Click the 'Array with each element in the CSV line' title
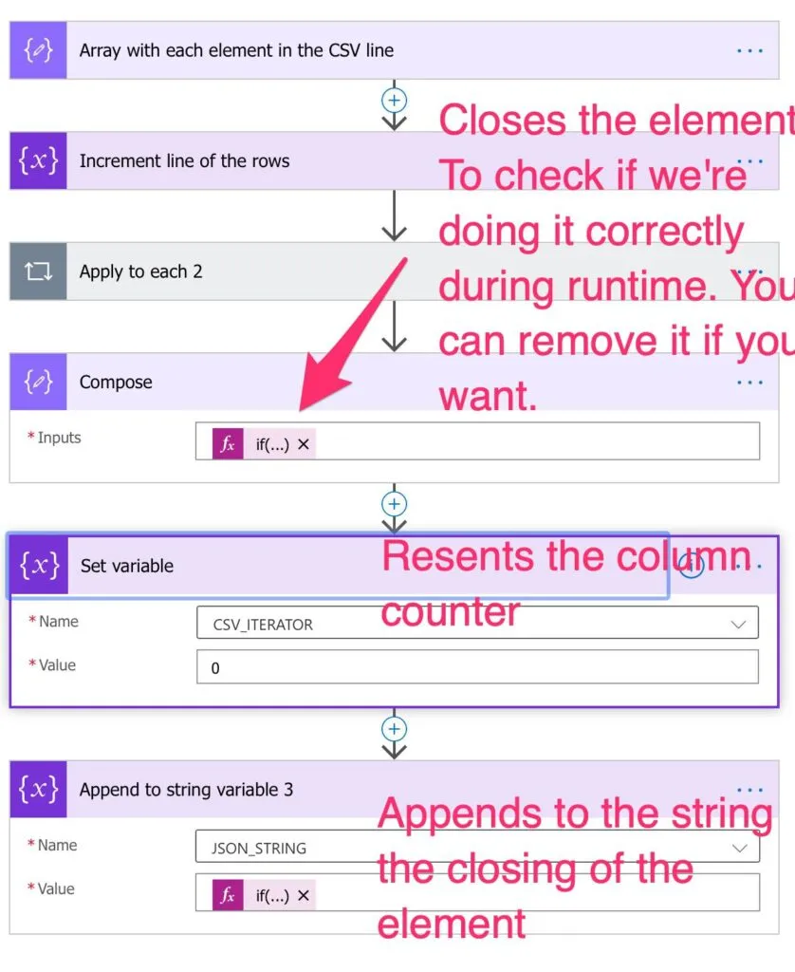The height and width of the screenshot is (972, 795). [x=236, y=50]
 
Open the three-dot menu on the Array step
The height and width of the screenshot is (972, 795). [x=749, y=51]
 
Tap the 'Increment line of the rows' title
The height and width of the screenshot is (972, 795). [x=184, y=161]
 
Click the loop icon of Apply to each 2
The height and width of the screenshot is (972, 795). [x=38, y=271]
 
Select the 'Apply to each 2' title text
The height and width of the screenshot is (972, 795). [x=140, y=271]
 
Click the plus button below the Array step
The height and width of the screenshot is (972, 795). [x=394, y=100]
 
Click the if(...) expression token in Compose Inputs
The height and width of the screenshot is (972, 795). [x=264, y=444]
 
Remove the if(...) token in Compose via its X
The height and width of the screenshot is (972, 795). [x=303, y=444]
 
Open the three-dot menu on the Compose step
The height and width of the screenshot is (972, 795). [x=749, y=382]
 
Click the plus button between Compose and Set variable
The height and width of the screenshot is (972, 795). [x=394, y=504]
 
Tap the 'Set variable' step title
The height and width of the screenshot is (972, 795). [x=127, y=566]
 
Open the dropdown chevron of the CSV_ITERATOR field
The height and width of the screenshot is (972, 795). [x=738, y=625]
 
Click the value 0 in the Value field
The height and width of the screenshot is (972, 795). [x=215, y=668]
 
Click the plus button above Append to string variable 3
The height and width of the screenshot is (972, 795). [x=394, y=729]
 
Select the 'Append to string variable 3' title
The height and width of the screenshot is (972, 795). [x=186, y=790]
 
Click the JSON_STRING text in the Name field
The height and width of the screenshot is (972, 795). [x=259, y=848]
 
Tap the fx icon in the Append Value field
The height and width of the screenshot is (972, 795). [x=228, y=895]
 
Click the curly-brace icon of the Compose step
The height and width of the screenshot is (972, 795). [x=38, y=382]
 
